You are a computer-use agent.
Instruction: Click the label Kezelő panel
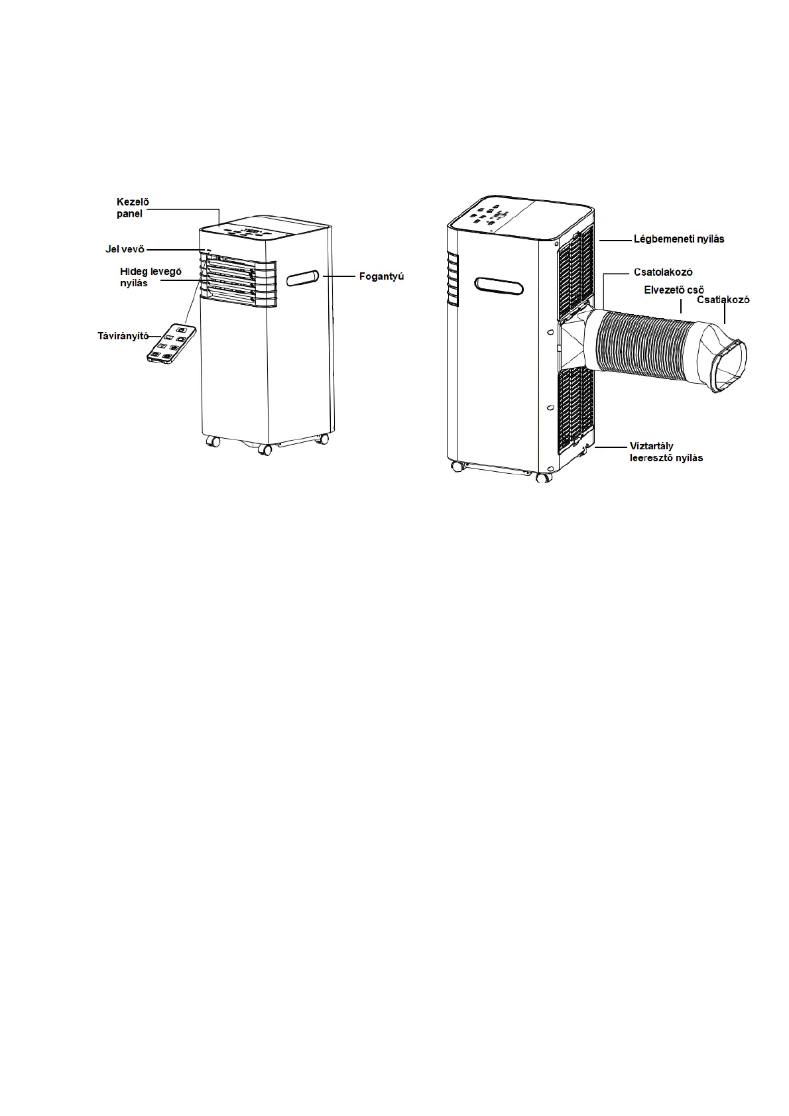point(125,207)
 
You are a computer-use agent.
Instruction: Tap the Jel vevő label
point(125,249)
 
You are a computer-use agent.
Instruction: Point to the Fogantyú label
point(381,276)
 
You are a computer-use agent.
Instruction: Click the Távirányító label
point(123,336)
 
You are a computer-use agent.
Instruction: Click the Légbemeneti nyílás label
point(678,239)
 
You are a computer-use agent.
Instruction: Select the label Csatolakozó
point(663,272)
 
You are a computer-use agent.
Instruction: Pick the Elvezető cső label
point(673,290)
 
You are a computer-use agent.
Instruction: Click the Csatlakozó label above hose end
point(723,300)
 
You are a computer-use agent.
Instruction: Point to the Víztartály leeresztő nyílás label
point(666,452)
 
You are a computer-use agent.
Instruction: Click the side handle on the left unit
point(303,278)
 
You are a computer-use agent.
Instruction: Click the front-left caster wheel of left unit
point(213,441)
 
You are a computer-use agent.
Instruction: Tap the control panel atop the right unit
point(491,216)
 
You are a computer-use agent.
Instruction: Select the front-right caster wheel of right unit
point(544,476)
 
